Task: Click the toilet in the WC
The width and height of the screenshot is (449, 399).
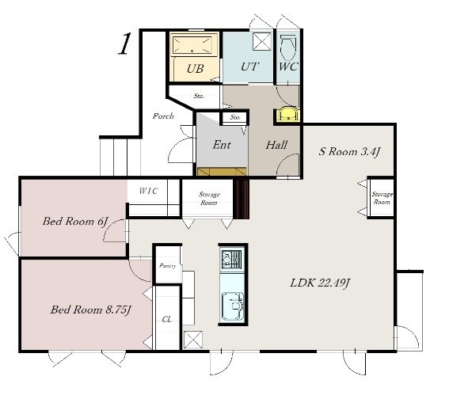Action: coord(287,47)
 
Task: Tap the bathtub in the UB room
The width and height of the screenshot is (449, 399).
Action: coord(192,45)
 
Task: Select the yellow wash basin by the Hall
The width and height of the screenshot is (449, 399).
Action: coord(287,114)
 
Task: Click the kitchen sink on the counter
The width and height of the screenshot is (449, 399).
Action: coord(233,306)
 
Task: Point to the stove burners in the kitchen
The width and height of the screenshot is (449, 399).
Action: coord(231,260)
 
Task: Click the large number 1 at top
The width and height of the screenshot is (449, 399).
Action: coord(125,44)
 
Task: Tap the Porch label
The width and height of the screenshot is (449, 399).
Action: coord(163,116)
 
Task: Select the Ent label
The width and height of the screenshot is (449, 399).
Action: coord(222,145)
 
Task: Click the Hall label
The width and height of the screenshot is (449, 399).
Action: coord(276,145)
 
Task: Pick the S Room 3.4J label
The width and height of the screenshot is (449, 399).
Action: coord(349,151)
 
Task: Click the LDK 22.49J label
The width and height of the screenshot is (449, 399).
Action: coord(320,283)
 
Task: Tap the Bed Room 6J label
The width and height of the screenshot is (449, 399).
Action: coord(75,221)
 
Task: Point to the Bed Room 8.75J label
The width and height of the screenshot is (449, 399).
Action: coord(91,310)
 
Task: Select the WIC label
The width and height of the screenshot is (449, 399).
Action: coord(148,191)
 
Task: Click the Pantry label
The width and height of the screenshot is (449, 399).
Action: coord(168,266)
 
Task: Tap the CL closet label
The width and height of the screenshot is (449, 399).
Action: coord(166,319)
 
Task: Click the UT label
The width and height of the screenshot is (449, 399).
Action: coord(250,66)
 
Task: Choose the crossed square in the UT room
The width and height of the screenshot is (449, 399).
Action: coord(262,42)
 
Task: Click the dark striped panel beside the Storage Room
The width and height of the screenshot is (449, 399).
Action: coord(241,199)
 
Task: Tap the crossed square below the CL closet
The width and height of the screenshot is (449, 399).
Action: coord(193,340)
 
